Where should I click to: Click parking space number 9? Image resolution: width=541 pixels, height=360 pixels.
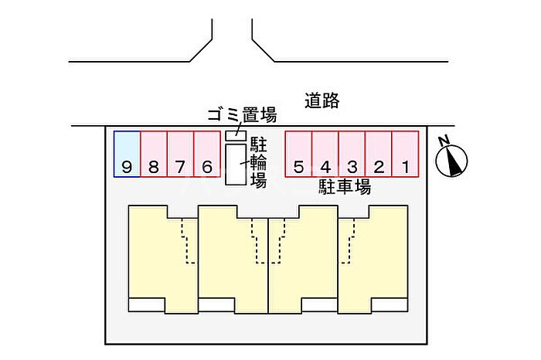click(x=128, y=155)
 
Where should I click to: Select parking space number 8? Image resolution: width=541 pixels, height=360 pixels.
click(x=154, y=155)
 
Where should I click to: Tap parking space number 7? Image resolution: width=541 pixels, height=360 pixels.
click(x=180, y=155)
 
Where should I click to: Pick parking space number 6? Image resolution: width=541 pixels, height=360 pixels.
click(x=207, y=155)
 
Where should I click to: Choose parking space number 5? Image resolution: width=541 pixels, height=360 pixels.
click(x=299, y=155)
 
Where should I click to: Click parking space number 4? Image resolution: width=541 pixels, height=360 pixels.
click(x=325, y=155)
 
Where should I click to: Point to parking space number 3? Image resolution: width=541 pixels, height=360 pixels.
click(x=352, y=155)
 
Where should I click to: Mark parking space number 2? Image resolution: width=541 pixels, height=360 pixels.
click(x=379, y=155)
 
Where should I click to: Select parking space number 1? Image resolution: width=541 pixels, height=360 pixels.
click(x=406, y=155)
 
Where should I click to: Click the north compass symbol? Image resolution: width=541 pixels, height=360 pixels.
click(x=451, y=161)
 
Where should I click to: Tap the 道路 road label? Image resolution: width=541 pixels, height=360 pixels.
click(x=322, y=100)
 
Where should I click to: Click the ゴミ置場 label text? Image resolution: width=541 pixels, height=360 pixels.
click(x=242, y=115)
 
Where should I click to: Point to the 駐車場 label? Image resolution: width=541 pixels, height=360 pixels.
click(x=345, y=186)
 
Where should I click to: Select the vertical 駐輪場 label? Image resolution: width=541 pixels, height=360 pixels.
click(x=258, y=162)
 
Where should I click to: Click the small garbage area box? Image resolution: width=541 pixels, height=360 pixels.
click(x=236, y=135)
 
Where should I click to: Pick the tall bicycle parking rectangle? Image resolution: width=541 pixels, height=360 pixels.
click(x=236, y=165)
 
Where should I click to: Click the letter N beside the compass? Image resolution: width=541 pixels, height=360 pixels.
click(x=444, y=141)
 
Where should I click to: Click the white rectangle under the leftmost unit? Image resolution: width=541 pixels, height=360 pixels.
click(x=147, y=305)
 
